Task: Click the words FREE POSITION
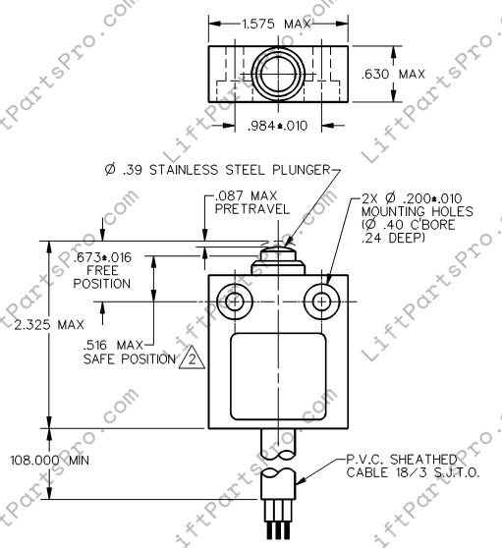[103, 276]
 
